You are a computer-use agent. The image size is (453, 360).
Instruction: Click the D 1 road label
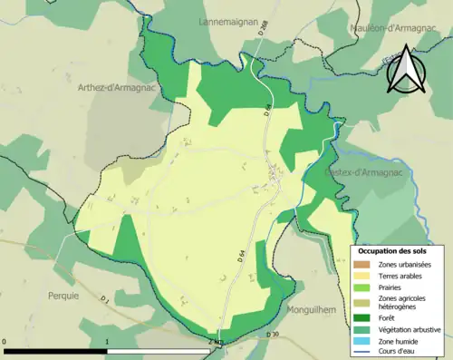click(105, 298)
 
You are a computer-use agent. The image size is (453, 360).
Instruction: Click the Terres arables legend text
click(400, 275)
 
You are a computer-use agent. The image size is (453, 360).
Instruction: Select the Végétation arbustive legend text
click(409, 329)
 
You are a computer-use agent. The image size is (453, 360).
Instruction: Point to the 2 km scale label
click(215, 341)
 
